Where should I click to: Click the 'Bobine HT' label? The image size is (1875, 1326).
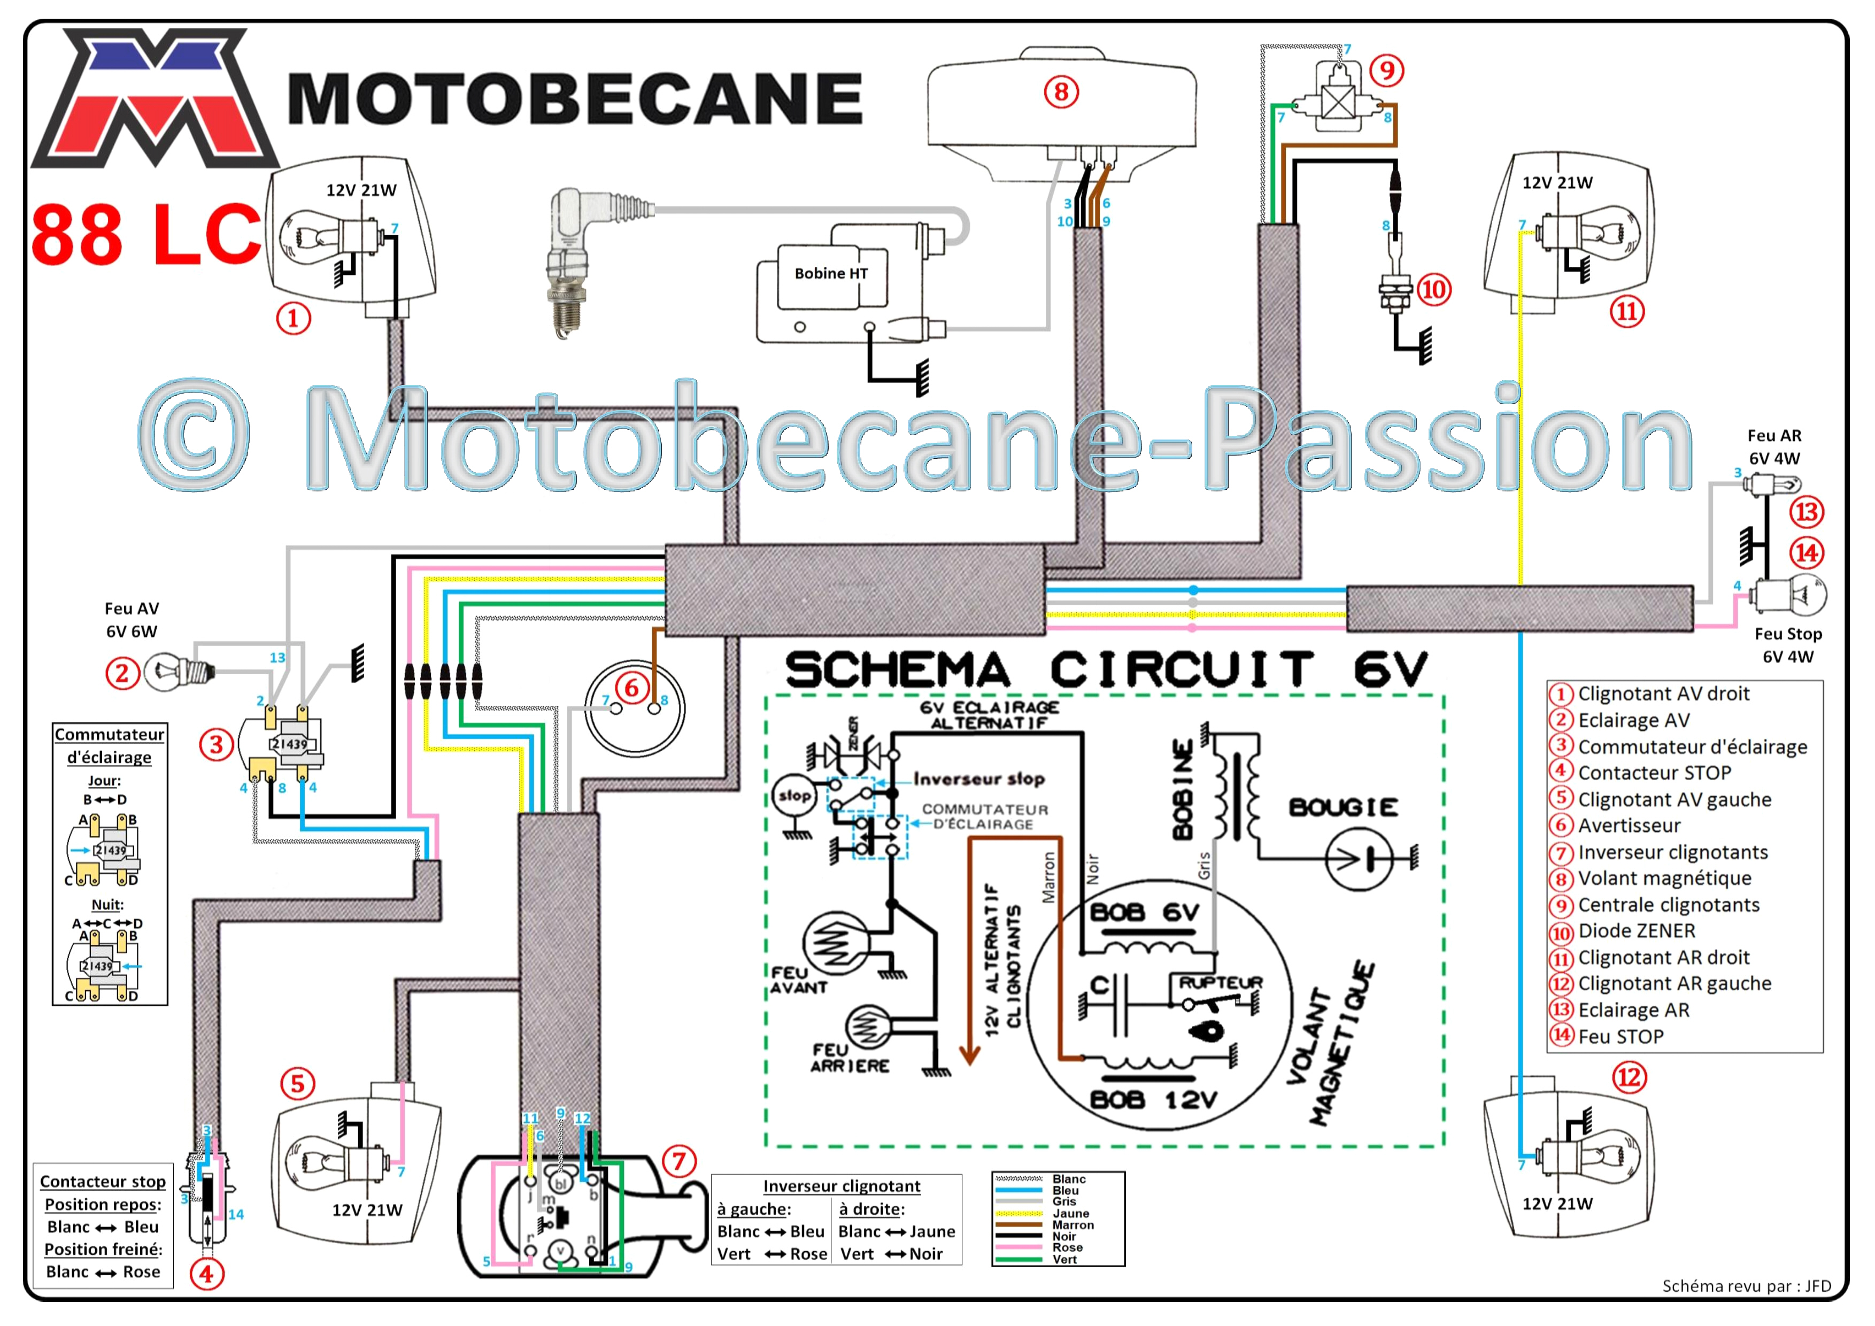pos(831,274)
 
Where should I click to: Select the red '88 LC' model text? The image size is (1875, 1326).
pos(146,234)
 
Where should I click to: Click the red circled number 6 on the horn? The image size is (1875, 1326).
pos(631,688)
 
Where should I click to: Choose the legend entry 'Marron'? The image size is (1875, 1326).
pos(1073,1225)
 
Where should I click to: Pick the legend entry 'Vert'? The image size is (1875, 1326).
pos(1064,1259)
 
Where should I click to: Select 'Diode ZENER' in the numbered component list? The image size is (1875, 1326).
pos(1637,931)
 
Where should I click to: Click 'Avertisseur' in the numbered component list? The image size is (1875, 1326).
pos(1629,826)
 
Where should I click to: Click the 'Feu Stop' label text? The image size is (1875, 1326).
pos(1788,634)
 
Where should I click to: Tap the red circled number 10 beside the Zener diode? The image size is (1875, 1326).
pos(1434,289)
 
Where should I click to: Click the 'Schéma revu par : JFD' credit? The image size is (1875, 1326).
pos(1747,1286)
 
